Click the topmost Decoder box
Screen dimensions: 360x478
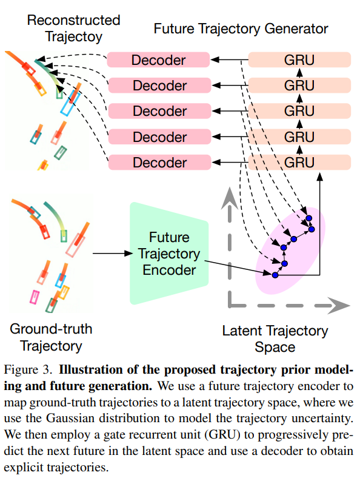point(158,59)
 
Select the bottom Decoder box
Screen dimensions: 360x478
point(159,162)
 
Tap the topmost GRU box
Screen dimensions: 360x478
point(299,59)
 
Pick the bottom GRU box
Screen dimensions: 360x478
point(299,162)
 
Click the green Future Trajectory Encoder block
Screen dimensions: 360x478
point(169,254)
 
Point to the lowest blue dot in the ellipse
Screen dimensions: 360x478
point(275,275)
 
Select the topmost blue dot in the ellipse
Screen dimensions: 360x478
point(309,218)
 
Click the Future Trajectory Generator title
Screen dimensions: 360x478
point(241,29)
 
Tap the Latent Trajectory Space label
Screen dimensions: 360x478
point(275,338)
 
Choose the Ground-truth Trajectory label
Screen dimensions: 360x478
point(51,337)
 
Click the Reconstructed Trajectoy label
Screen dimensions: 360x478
point(74,28)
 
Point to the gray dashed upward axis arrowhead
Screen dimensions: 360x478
point(229,198)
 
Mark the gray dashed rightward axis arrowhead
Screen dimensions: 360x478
point(339,306)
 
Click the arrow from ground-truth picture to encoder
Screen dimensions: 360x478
point(113,254)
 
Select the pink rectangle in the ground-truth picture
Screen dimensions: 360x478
point(35,297)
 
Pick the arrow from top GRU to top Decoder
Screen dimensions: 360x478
point(230,59)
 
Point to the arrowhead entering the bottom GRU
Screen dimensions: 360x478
point(319,177)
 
